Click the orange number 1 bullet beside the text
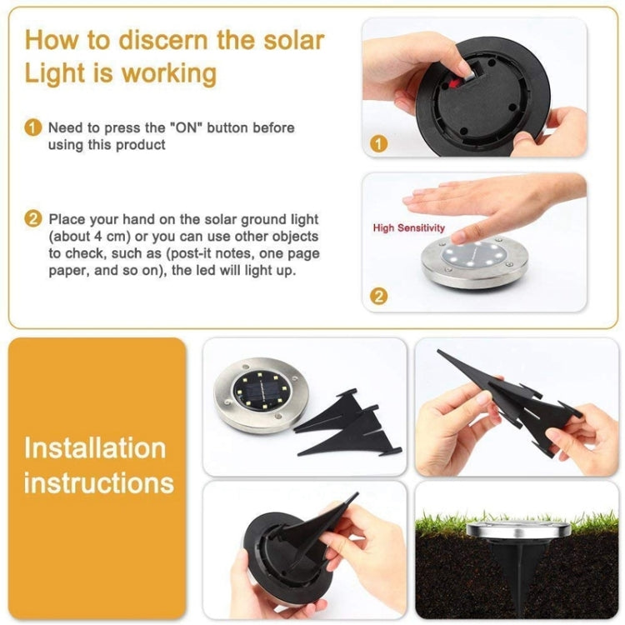click(x=32, y=128)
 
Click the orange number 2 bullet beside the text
click(x=32, y=220)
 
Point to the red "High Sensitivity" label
click(x=408, y=227)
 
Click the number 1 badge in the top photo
click(x=379, y=143)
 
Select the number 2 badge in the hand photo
click(x=379, y=295)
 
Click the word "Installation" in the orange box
click(x=94, y=447)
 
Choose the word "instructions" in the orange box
click(x=98, y=482)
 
